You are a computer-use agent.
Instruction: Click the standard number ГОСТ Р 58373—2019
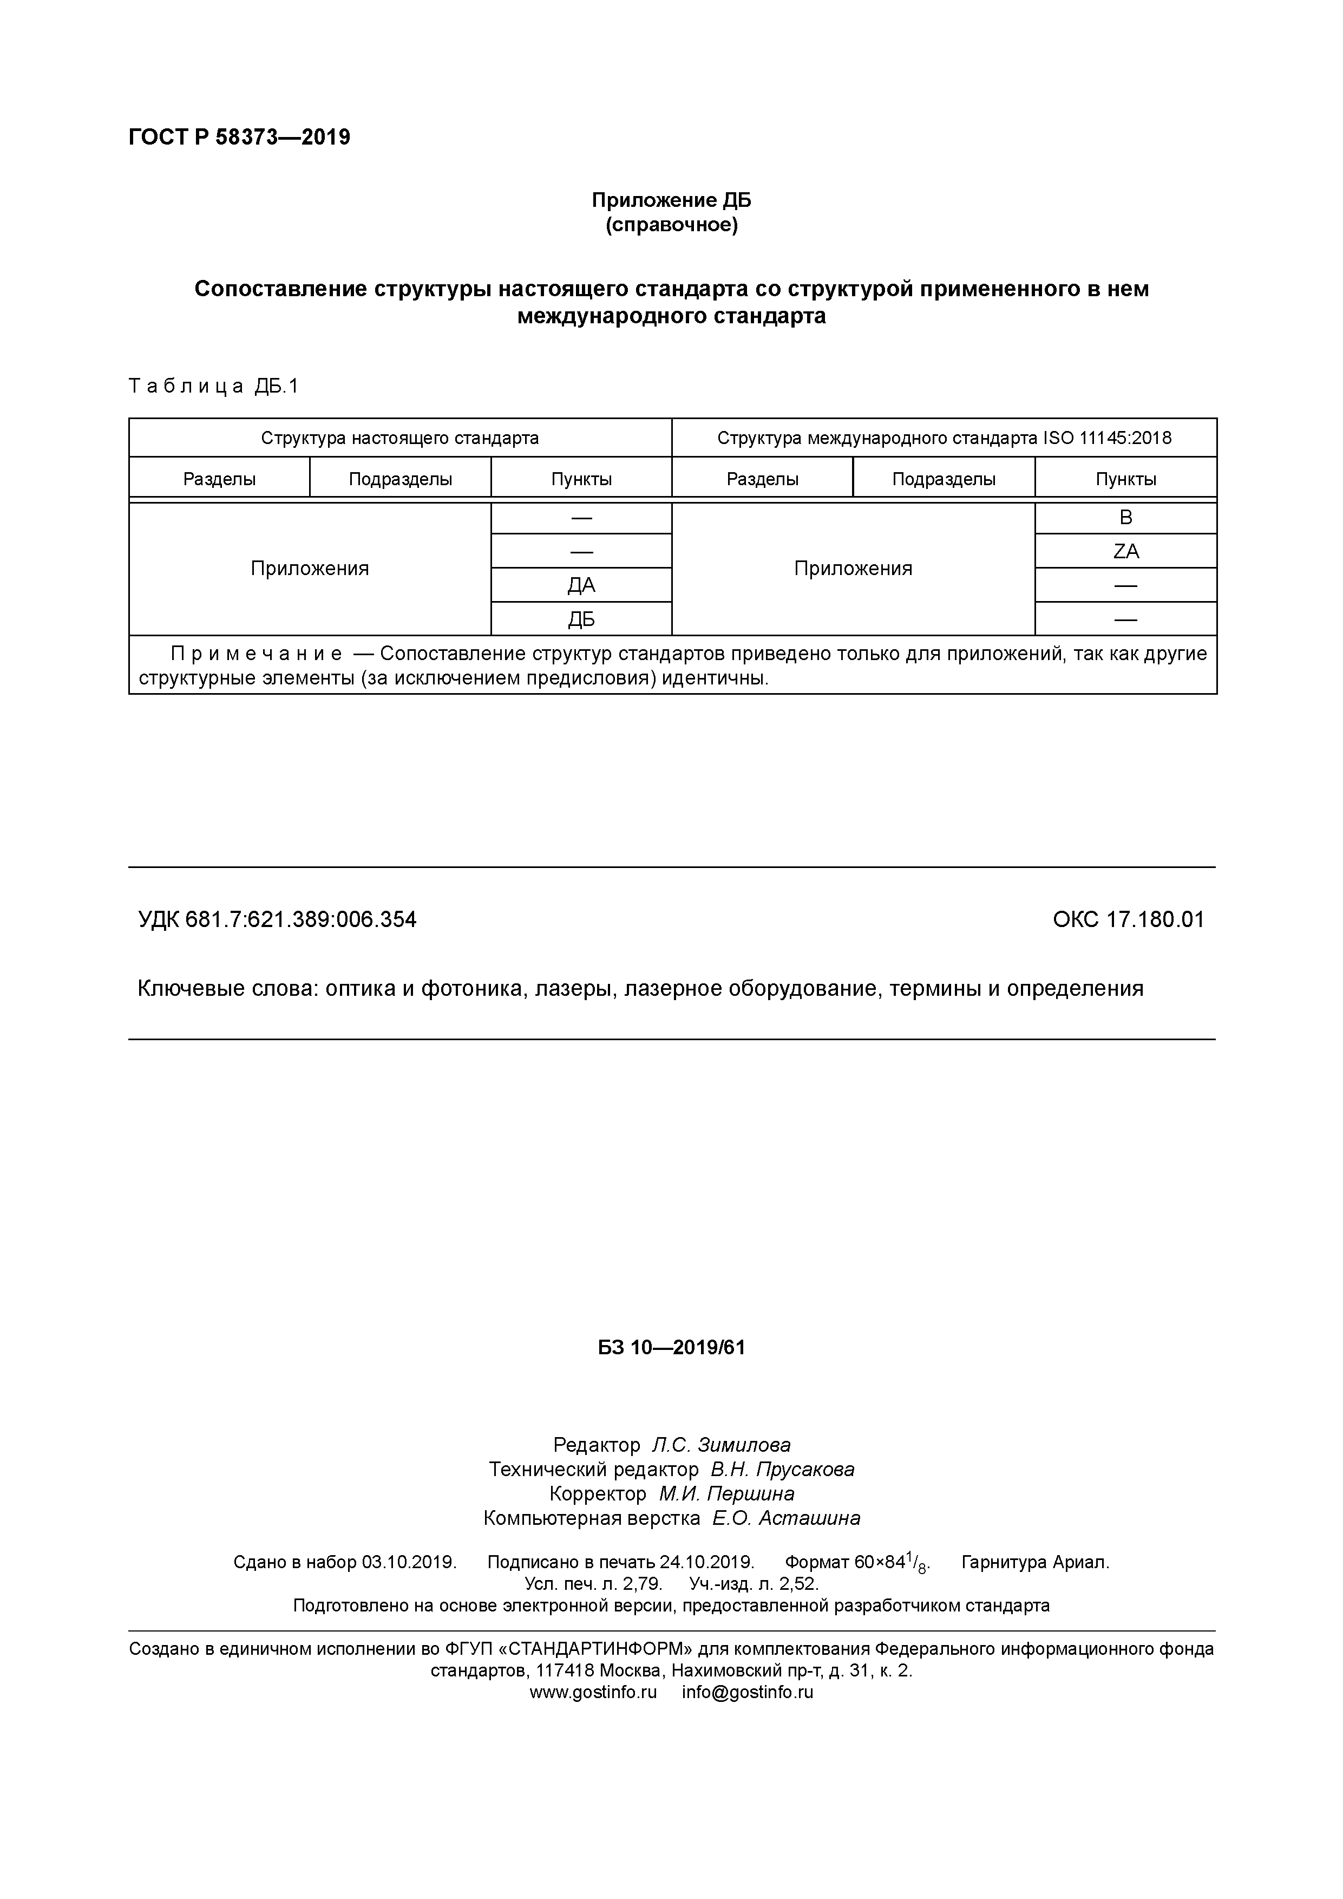pyautogui.click(x=239, y=138)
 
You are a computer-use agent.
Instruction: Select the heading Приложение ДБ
pyautogui.click(x=671, y=200)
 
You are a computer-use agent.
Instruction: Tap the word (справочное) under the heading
pyautogui.click(x=671, y=225)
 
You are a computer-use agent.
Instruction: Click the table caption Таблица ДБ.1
pyautogui.click(x=213, y=386)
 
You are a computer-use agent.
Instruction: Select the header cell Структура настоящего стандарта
pyautogui.click(x=399, y=438)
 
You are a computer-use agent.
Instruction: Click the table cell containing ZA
pyautogui.click(x=1125, y=551)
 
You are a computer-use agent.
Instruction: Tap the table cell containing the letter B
pyautogui.click(x=1125, y=518)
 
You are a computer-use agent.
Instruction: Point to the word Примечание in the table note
pyautogui.click(x=257, y=654)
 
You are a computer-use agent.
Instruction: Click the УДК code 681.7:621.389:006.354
pyautogui.click(x=301, y=919)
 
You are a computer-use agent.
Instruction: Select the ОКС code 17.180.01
pyautogui.click(x=1155, y=919)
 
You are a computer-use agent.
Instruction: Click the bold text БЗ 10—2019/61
pyautogui.click(x=671, y=1347)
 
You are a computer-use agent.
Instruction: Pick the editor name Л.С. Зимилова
pyautogui.click(x=721, y=1445)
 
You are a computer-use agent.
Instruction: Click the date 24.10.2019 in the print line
pyautogui.click(x=706, y=1562)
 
